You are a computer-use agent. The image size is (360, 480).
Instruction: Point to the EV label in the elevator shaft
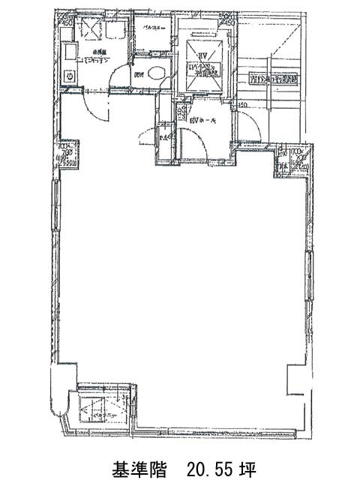[x=201, y=56]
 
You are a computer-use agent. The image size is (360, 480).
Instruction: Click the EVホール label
[x=204, y=120]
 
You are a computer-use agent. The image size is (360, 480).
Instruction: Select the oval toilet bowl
[x=156, y=73]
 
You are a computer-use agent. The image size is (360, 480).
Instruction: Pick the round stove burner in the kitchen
[x=69, y=75]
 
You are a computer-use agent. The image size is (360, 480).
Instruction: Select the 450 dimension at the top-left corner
[x=66, y=21]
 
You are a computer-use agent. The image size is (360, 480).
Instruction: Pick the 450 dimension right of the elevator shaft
[x=229, y=22]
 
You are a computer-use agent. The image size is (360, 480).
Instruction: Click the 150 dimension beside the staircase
[x=243, y=104]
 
